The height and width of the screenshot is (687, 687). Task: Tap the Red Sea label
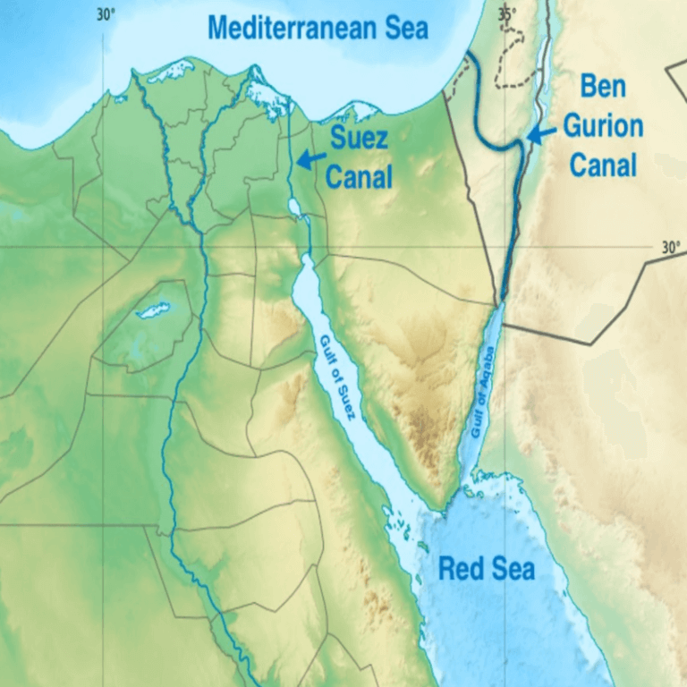[486, 568]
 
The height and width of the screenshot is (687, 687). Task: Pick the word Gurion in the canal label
[602, 126]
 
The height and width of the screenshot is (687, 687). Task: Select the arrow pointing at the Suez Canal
[310, 159]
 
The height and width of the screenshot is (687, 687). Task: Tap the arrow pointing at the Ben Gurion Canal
[540, 134]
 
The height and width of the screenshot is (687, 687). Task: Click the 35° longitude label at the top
[507, 13]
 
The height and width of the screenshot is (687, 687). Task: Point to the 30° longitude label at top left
[106, 13]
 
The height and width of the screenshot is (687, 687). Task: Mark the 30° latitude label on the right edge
[671, 248]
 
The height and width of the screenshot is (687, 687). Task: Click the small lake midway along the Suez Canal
[294, 208]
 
